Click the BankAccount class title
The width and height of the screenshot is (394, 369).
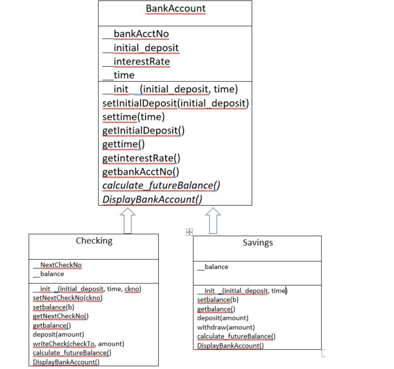tap(175, 8)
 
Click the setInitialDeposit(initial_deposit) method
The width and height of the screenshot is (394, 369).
tap(175, 104)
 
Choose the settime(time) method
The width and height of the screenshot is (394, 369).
tap(134, 117)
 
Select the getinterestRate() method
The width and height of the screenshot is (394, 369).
tap(141, 158)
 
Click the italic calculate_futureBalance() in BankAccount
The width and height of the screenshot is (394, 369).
tap(161, 185)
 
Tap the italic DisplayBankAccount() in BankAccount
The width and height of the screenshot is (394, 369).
tap(152, 199)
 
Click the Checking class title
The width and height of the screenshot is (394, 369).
tap(94, 241)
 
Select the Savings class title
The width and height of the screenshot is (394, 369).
tap(257, 243)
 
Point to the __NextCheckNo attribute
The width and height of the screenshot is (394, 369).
tap(57, 265)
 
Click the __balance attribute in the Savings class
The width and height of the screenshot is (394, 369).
tap(213, 267)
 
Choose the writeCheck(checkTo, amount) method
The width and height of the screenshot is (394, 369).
tap(78, 344)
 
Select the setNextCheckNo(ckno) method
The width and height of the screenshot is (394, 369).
tap(68, 298)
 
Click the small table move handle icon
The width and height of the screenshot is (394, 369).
tap(189, 232)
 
